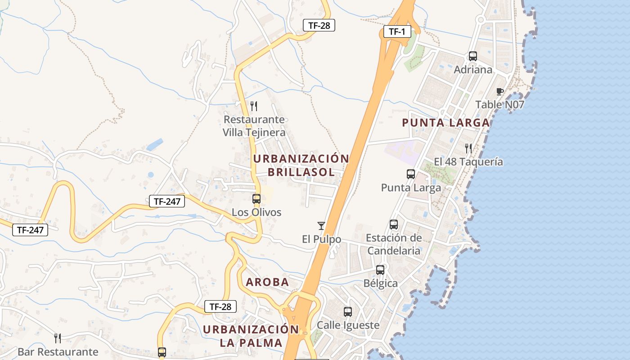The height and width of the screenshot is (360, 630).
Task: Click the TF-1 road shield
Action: pyautogui.click(x=397, y=31)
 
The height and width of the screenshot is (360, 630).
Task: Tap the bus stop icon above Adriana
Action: pyautogui.click(x=473, y=56)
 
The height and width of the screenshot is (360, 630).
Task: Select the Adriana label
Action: pyautogui.click(x=473, y=70)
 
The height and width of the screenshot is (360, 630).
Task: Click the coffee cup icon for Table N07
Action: pyautogui.click(x=499, y=92)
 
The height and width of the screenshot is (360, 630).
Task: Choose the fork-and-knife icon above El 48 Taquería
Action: pyautogui.click(x=468, y=148)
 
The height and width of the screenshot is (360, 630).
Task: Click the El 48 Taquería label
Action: pyautogui.click(x=468, y=162)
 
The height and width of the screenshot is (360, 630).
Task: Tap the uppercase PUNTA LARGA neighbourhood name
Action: pyautogui.click(x=445, y=122)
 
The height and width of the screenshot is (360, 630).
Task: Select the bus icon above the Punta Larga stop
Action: pyautogui.click(x=411, y=174)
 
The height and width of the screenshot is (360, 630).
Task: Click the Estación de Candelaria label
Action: pyautogui.click(x=394, y=244)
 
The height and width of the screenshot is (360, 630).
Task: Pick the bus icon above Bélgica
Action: pyautogui.click(x=380, y=270)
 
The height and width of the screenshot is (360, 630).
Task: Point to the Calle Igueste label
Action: pyautogui.click(x=348, y=325)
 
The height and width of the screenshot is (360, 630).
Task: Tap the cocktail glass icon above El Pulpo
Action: pyautogui.click(x=321, y=226)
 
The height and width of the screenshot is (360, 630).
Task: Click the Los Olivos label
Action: pyautogui.click(x=256, y=212)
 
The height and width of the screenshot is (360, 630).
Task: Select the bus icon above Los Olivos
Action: pyautogui.click(x=256, y=198)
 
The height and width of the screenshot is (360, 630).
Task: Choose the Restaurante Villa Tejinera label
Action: pyautogui.click(x=254, y=126)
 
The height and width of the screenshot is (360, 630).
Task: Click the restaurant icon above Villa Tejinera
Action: pyautogui.click(x=254, y=106)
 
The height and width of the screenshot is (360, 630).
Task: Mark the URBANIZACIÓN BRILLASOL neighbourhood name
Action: pyautogui.click(x=301, y=165)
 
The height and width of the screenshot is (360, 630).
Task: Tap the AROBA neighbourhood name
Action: pyautogui.click(x=267, y=282)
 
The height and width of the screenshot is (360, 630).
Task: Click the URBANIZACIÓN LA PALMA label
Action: pyautogui.click(x=251, y=336)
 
